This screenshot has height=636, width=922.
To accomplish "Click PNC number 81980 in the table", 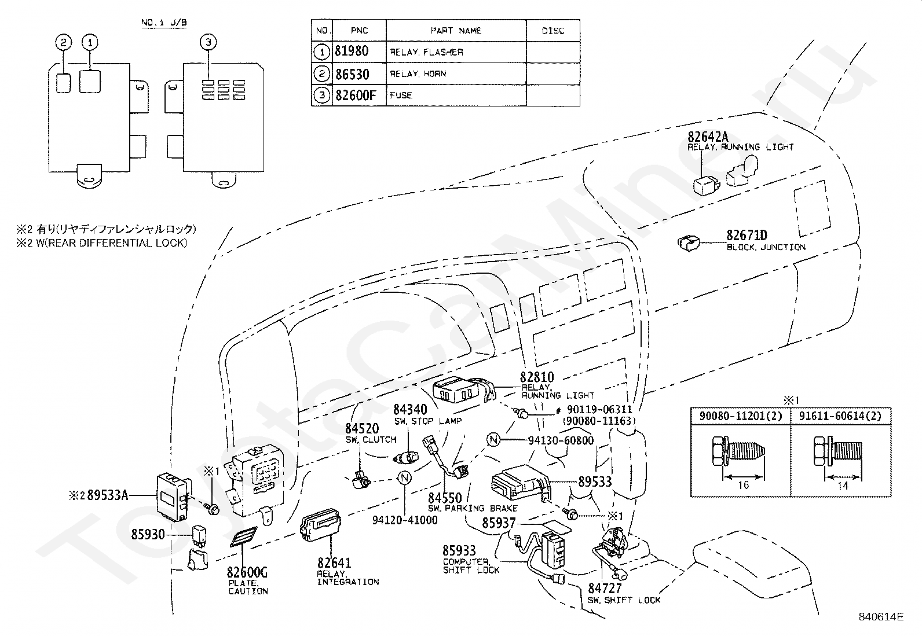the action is point(352,52).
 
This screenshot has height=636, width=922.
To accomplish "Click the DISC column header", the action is point(553,31).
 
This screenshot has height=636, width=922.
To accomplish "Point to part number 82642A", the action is point(708,137).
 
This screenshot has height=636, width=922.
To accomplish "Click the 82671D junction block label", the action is point(747,236).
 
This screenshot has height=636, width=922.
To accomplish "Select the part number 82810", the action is point(537,377).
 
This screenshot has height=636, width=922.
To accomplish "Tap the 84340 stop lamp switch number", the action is point(410,409).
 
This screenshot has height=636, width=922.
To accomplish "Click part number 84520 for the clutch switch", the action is point(362,429).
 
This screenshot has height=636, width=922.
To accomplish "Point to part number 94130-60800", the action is point(561,440).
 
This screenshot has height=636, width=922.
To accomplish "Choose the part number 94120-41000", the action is point(405,520).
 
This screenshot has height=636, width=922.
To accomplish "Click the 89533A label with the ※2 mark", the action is point(99,495).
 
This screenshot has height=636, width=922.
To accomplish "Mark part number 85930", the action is point(148,534).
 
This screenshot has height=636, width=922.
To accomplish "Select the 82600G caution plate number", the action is point(247,572).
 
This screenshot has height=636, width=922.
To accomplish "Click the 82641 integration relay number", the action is point(334,563).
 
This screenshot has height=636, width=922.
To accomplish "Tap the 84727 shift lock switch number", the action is point(604,589).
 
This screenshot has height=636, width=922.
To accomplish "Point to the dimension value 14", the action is point(843,486).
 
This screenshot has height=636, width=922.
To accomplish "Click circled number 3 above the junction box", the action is point(208,42).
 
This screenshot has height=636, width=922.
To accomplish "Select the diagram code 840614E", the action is point(881,617).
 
